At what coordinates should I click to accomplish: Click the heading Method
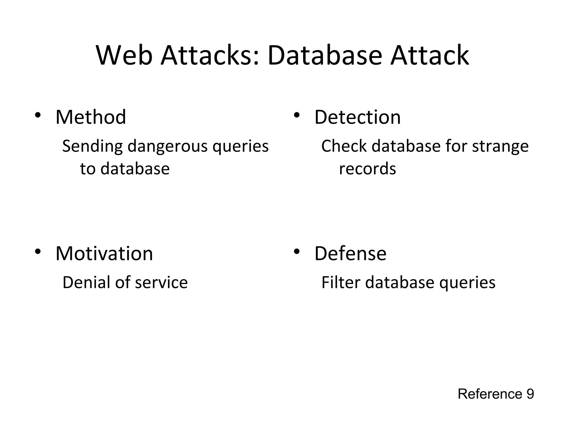point(90,117)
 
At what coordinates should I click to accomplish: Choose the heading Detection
point(357,117)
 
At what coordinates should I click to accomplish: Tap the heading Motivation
point(104,253)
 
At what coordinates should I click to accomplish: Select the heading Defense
point(350,253)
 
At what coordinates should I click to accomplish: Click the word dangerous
point(167,146)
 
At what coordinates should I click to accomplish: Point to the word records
point(367,169)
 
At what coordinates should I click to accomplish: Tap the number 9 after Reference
point(530,394)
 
